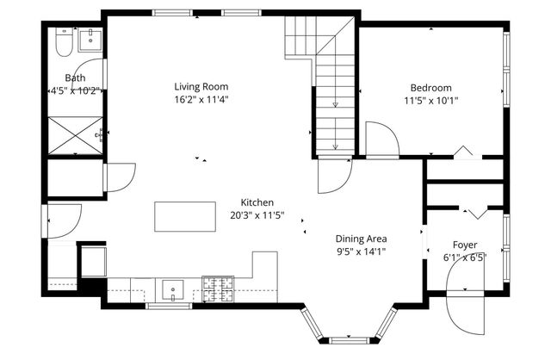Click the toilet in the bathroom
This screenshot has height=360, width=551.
(62, 40)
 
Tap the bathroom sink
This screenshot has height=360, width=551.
(90, 38)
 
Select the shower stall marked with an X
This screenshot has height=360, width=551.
(74, 135)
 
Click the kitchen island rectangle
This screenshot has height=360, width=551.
(185, 216)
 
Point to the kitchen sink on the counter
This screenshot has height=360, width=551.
(170, 288)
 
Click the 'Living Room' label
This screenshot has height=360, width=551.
(201, 86)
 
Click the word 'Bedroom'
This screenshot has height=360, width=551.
(430, 87)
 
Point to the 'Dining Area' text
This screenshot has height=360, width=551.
(361, 239)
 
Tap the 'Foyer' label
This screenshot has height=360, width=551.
(465, 245)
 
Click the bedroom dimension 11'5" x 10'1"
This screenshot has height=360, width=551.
(430, 100)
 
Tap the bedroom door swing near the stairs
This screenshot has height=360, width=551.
(381, 138)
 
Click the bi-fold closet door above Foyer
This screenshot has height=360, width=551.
(472, 210)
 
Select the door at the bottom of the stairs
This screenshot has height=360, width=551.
(331, 177)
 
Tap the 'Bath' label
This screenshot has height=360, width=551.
(75, 78)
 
